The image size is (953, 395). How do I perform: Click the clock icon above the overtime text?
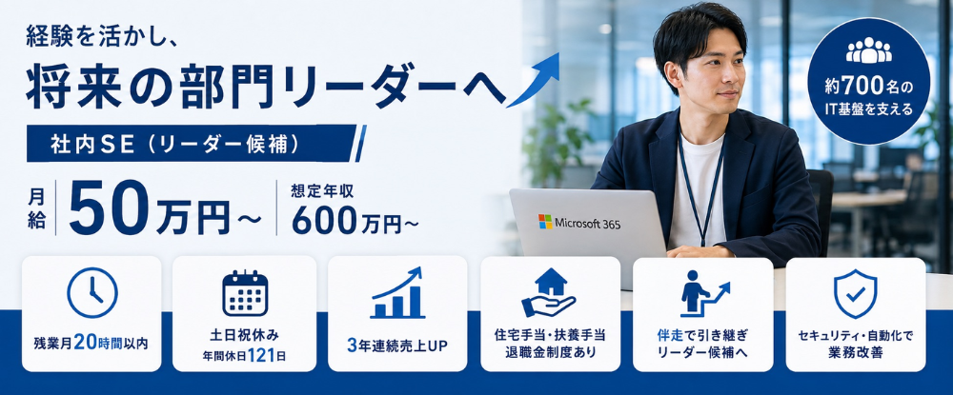pos(91,292)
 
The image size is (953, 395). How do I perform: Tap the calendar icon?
pos(245,293)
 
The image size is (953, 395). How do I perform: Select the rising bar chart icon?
pos(397,292)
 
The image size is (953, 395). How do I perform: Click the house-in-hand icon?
pos(549,292)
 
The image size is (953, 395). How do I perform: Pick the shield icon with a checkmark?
pos(855,294)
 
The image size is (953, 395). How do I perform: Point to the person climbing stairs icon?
pos(704,294)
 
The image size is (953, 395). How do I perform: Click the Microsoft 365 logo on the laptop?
pos(579,223)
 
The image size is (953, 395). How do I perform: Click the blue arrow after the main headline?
pos(533,80)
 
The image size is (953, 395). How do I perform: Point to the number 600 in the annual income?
pos(323,221)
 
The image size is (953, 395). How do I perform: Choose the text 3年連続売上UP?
pos(397,346)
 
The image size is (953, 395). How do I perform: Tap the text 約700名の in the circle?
pos(868,88)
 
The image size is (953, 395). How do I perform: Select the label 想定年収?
pos(323,191)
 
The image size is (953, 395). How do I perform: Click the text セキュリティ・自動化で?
pos(855,335)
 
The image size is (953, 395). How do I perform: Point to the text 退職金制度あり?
pos(550,352)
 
